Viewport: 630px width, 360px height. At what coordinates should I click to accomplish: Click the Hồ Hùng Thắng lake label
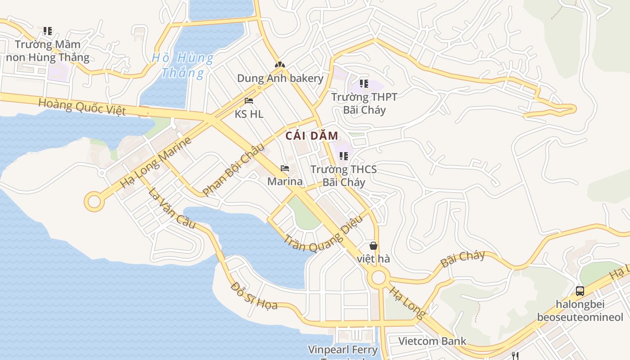(x=182, y=65)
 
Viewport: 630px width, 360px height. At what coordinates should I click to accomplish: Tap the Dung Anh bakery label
(x=280, y=78)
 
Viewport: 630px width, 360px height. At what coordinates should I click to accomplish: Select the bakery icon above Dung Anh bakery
(x=280, y=65)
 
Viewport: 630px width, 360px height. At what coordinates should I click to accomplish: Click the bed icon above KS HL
(x=249, y=101)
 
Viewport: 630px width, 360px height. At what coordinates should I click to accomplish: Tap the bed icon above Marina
(x=285, y=169)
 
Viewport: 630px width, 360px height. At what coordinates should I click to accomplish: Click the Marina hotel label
(x=285, y=181)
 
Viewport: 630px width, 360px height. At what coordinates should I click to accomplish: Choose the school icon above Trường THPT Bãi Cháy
(x=364, y=84)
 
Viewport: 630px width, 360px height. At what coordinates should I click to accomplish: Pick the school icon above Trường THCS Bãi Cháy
(x=344, y=156)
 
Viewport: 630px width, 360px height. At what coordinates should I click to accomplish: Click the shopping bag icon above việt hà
(x=373, y=246)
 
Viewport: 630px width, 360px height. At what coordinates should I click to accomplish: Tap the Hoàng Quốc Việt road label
(x=82, y=107)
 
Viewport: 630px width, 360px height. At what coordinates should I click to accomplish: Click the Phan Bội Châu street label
(x=233, y=169)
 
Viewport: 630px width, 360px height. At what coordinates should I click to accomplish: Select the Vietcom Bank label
(x=432, y=341)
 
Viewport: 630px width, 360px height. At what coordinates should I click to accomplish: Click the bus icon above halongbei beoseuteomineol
(x=580, y=291)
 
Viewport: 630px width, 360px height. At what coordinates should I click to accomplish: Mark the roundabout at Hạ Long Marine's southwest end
(x=94, y=202)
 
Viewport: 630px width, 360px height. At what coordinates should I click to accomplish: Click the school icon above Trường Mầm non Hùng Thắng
(x=48, y=31)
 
